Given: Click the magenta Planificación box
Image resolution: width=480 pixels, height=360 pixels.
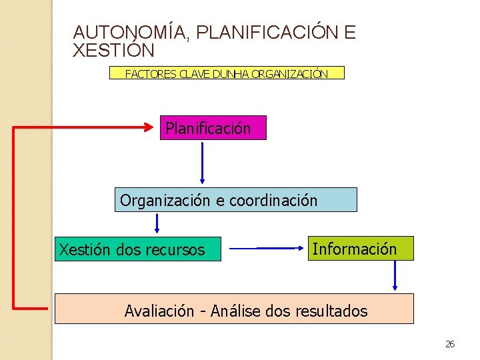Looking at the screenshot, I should click(x=213, y=128).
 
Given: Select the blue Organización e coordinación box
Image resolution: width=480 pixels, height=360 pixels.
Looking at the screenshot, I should click(x=235, y=200).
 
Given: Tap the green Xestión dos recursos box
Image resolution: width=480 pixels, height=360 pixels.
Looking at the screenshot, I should click(x=137, y=249).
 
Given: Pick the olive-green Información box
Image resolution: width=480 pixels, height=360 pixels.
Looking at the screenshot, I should click(x=360, y=249).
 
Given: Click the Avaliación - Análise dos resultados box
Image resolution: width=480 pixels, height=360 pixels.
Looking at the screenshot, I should click(x=234, y=309).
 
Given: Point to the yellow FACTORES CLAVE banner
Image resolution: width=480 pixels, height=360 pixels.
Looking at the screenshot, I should click(x=227, y=73).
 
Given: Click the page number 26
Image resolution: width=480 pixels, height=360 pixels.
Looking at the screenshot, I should click(x=450, y=344).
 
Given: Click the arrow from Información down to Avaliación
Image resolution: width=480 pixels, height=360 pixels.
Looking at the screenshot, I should click(x=395, y=276).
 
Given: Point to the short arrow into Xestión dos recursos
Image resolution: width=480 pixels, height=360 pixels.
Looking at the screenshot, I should click(x=157, y=223).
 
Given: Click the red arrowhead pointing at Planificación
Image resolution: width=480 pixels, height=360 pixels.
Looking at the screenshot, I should click(x=151, y=126).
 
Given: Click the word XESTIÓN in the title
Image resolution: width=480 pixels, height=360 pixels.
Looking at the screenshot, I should click(x=113, y=51).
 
